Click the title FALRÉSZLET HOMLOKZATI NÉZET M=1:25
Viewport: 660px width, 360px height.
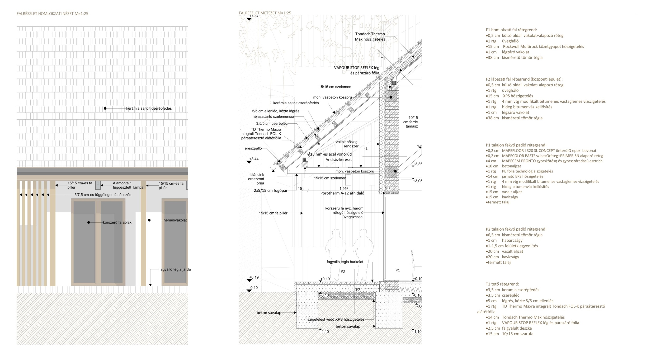click(52, 14)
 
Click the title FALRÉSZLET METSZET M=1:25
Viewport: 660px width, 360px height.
click(265, 13)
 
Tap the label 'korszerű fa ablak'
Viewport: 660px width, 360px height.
click(117, 222)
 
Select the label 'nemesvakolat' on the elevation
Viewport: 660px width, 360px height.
click(175, 220)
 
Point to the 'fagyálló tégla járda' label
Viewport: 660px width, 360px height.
click(175, 269)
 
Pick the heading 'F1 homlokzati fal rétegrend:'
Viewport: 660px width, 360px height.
click(511, 30)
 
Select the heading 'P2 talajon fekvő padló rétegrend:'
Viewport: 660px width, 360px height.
click(516, 229)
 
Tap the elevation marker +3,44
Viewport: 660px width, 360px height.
click(254, 159)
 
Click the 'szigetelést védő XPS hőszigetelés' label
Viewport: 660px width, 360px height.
click(336, 320)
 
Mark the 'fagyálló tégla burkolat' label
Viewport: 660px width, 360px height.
click(345, 262)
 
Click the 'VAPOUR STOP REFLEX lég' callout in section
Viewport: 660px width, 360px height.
click(356, 68)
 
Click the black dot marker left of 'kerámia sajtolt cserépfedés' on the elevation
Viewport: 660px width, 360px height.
click(105, 109)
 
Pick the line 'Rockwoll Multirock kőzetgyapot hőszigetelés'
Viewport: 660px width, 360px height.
click(543, 46)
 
